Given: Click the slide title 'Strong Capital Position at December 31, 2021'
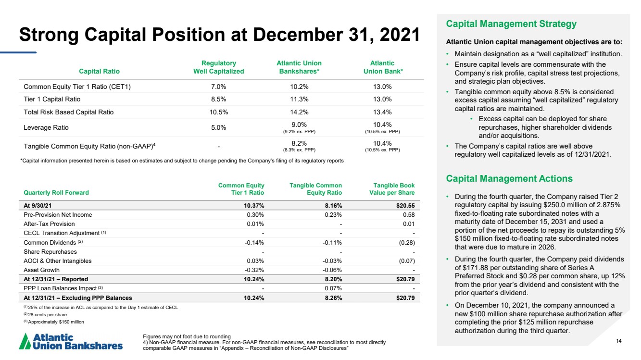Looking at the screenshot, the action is click(219, 35).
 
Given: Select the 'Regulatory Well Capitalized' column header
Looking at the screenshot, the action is click(219, 67).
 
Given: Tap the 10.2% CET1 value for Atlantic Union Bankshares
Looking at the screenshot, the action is click(299, 87).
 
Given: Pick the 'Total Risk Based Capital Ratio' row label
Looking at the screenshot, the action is click(69, 112).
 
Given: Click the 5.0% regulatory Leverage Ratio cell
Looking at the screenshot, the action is click(219, 127).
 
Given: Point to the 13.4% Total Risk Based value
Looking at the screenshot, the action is click(382, 112).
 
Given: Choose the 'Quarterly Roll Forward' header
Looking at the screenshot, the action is click(56, 192).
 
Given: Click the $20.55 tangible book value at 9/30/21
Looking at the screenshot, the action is click(405, 206).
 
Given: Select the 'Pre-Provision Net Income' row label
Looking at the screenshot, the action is click(58, 215).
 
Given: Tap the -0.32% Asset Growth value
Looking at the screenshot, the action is click(254, 270).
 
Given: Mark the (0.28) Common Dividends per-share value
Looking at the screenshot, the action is click(407, 242).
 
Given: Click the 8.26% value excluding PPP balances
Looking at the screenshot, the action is click(333, 298).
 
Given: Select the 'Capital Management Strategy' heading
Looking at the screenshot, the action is click(511, 24).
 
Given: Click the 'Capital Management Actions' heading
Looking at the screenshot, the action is click(509, 178).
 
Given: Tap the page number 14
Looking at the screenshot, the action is click(619, 341).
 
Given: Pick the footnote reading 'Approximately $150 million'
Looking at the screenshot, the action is click(54, 322).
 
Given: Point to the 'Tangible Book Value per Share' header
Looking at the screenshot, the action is click(392, 189).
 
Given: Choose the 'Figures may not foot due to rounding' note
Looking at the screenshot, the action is click(187, 336).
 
